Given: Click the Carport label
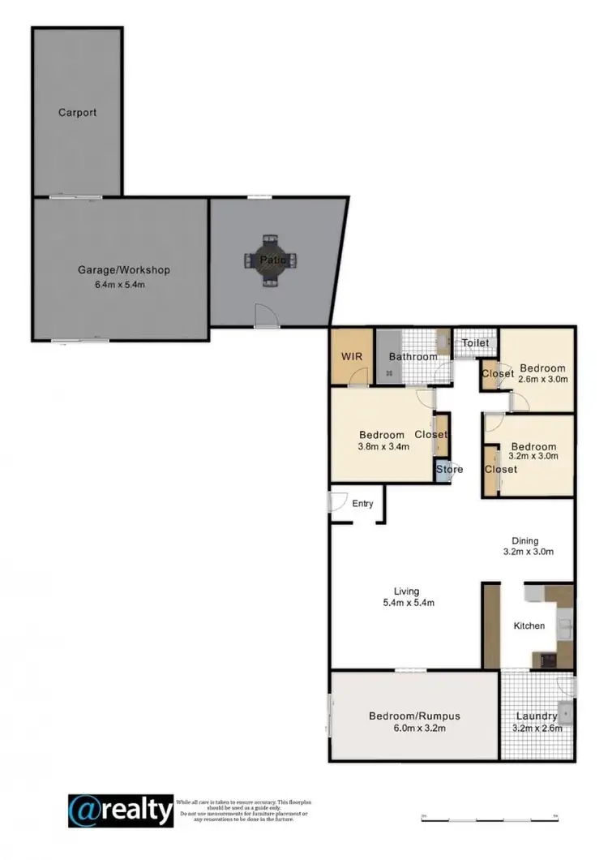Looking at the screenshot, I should point(77,113).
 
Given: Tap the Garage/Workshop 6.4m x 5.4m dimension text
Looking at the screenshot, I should point(123,285).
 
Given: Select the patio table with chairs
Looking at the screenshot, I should point(270,260).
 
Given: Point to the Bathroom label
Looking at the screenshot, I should point(413,357).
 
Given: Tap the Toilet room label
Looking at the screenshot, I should point(475,343).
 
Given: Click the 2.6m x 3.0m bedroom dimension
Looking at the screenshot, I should point(542,379).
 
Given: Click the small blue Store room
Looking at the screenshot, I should point(443,471).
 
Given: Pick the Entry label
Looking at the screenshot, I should point(362,504).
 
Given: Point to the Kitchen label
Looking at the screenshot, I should point(529,626).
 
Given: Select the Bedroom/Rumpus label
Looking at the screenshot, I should point(414,716).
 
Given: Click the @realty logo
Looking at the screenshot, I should point(121,810).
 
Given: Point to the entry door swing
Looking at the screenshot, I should point(338,501).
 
